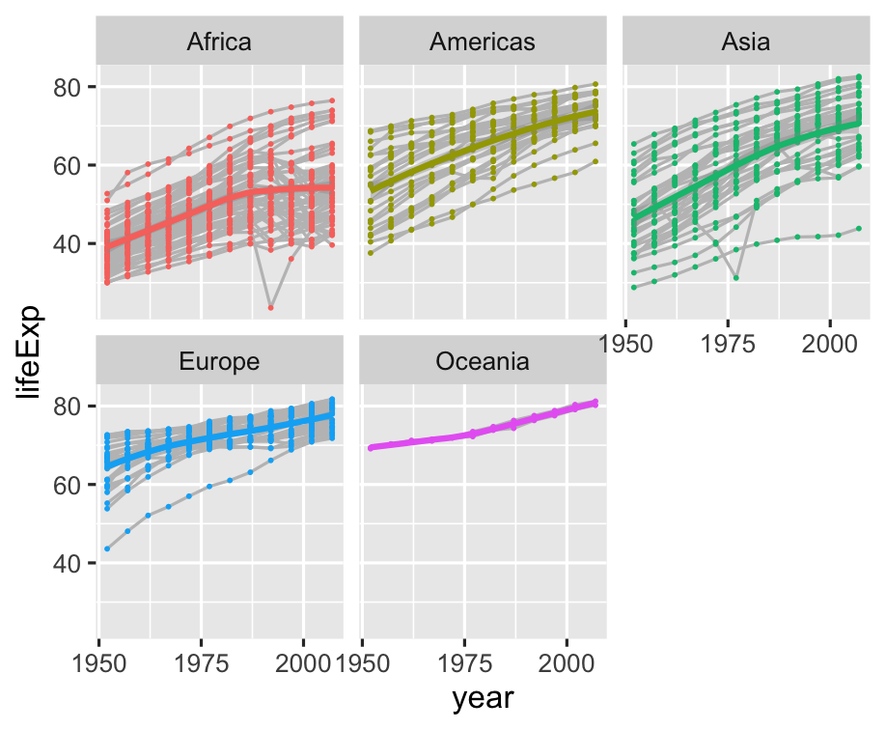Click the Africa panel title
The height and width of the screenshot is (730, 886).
pos(220,42)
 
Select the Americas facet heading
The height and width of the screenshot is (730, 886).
pos(483,42)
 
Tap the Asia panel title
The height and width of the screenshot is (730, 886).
pos(745,42)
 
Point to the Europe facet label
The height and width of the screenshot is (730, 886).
pos(220,362)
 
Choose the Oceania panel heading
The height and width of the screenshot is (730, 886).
pos(483,362)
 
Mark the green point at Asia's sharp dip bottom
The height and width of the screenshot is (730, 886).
pos(736,278)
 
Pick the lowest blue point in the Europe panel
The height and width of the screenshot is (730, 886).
pos(107,548)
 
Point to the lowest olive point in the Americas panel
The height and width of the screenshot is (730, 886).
pos(371,253)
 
